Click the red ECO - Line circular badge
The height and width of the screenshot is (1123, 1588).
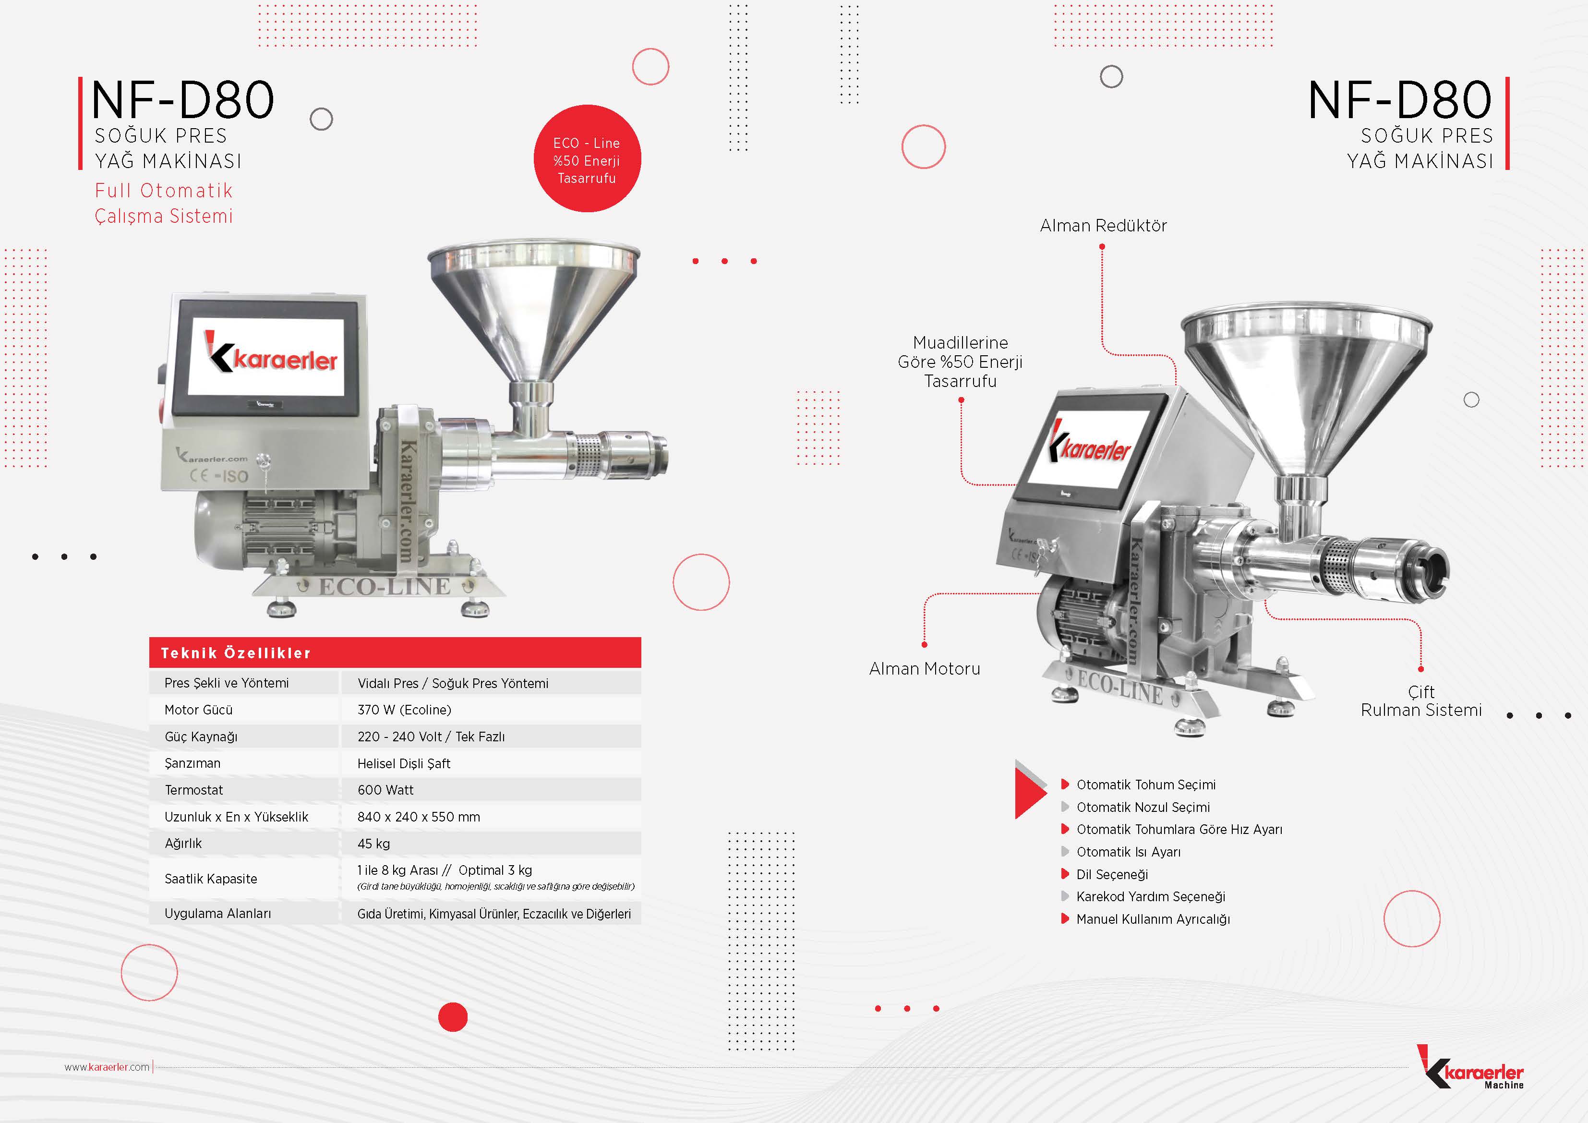pyautogui.click(x=587, y=158)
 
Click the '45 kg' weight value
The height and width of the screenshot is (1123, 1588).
pyautogui.click(x=373, y=844)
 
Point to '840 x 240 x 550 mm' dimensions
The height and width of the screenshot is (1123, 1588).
pyautogui.click(x=419, y=817)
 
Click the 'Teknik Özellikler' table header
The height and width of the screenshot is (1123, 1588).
pyautogui.click(x=236, y=653)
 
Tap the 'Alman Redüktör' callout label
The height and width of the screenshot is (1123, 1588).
pyautogui.click(x=1103, y=226)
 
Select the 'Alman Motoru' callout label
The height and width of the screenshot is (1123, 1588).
pyautogui.click(x=925, y=668)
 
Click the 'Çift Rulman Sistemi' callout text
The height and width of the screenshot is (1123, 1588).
pyautogui.click(x=1421, y=701)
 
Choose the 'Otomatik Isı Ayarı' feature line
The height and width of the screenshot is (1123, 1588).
pyautogui.click(x=1129, y=852)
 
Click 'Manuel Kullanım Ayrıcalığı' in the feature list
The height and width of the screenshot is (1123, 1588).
pyautogui.click(x=1153, y=919)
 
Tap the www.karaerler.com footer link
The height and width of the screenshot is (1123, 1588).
pyautogui.click(x=107, y=1067)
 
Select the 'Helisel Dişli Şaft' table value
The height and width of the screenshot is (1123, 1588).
pyautogui.click(x=404, y=763)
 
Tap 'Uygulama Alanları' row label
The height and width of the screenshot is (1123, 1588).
pyautogui.click(x=218, y=913)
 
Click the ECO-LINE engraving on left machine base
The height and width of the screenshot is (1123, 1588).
pyautogui.click(x=385, y=587)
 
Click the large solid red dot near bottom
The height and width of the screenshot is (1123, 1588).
pyautogui.click(x=453, y=1017)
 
